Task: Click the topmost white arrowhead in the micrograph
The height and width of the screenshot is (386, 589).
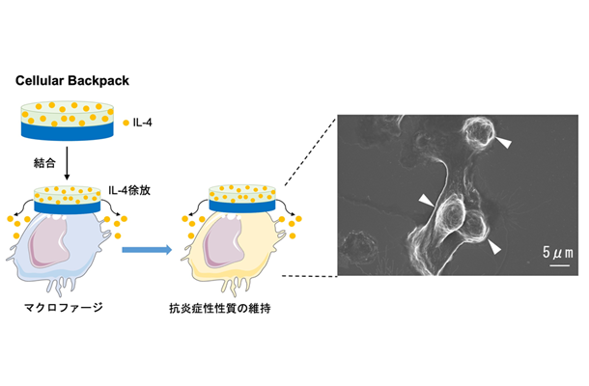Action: click(506, 143)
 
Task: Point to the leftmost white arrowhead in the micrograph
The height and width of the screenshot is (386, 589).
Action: click(426, 199)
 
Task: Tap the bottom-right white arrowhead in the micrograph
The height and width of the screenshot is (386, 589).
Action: click(495, 248)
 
